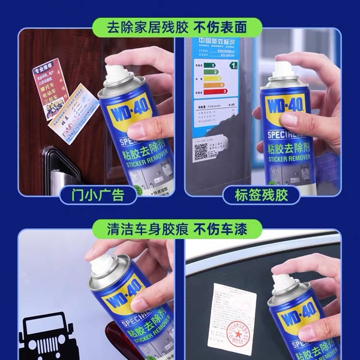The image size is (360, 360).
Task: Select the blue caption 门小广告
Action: (99, 195)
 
